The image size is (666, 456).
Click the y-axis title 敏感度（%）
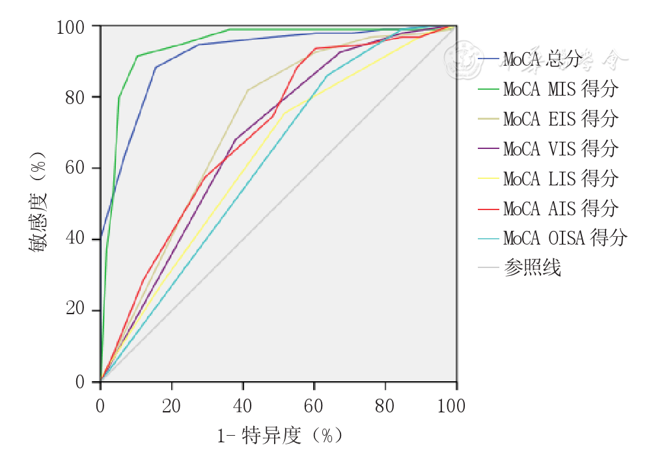click(37, 203)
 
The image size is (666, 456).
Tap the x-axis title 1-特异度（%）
click(280, 435)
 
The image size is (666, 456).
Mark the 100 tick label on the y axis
click(70, 27)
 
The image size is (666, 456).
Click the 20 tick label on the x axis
click(171, 407)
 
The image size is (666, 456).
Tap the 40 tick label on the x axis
click(242, 407)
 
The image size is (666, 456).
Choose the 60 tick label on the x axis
click(314, 407)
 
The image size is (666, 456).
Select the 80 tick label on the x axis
click(385, 407)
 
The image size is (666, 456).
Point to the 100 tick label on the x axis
click(451, 407)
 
